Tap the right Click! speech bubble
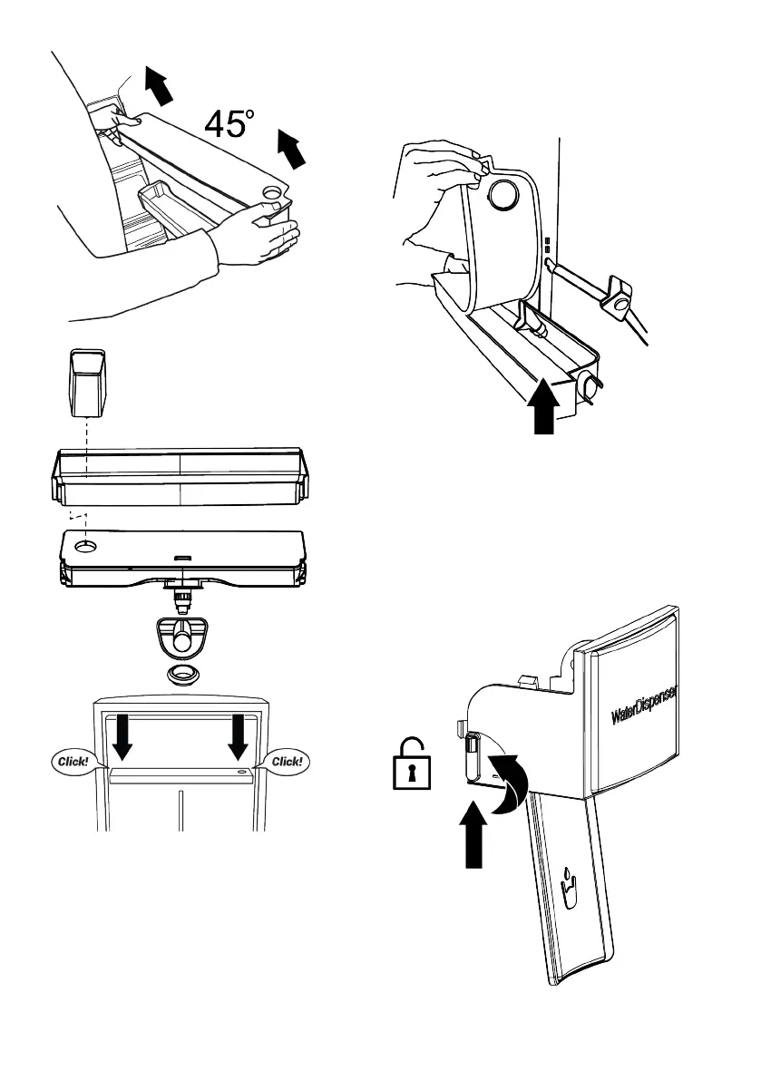click(x=287, y=762)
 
